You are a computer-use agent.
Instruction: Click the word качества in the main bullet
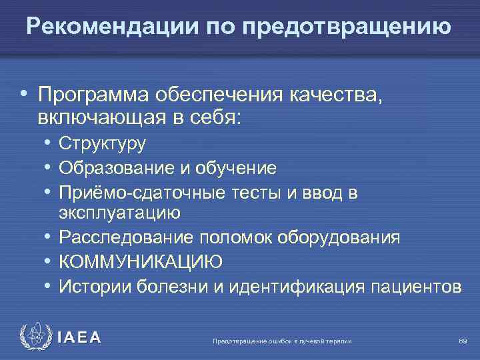pos(337,95)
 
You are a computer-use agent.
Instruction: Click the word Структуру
pos(102,143)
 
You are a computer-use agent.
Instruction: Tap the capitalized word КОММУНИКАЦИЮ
pos(140,262)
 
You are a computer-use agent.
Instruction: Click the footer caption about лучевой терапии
pos(281,341)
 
